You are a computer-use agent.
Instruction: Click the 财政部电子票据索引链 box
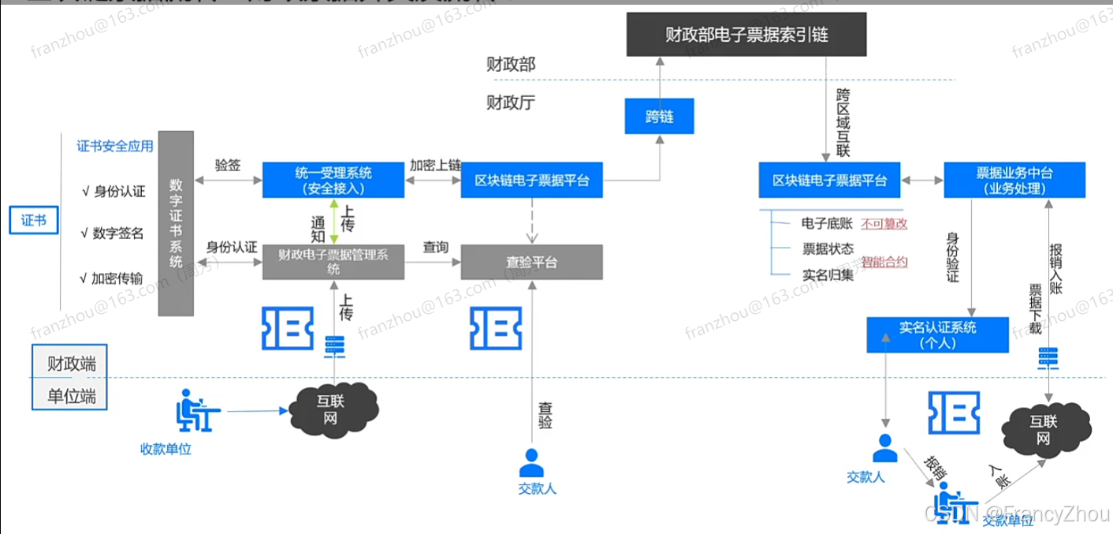(746, 35)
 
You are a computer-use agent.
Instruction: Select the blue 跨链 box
(658, 117)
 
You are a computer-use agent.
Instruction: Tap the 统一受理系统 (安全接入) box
(333, 181)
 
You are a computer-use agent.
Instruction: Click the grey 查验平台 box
(531, 262)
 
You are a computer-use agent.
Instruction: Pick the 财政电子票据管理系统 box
(333, 261)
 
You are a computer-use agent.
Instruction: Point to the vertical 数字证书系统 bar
(176, 223)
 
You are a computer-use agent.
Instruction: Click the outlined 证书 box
(34, 220)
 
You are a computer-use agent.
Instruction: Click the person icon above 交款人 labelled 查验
(532, 460)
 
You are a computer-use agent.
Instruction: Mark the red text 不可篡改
(884, 223)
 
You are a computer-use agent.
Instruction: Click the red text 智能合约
(884, 261)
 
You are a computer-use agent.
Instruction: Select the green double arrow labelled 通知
(334, 222)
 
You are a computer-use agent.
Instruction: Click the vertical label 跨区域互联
(843, 123)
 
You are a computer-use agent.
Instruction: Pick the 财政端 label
(71, 364)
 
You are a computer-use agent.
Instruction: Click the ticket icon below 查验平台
(497, 328)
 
